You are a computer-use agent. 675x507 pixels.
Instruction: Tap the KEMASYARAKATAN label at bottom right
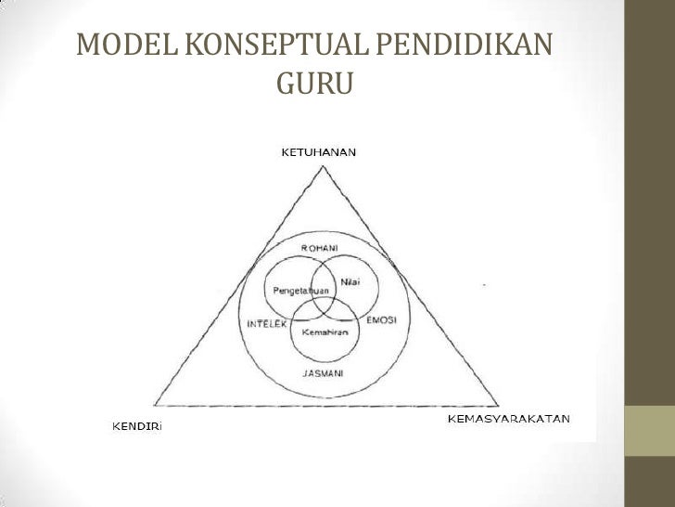click(509, 420)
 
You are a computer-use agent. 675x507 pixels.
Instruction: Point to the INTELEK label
click(265, 324)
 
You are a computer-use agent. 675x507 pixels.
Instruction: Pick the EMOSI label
click(382, 320)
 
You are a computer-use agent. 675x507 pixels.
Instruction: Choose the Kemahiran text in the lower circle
click(325, 332)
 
